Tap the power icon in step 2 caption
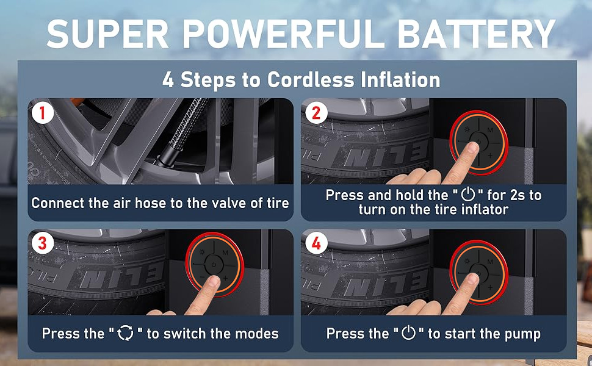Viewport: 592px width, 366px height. pos(467,195)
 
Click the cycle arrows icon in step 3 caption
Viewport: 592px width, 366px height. pos(125,334)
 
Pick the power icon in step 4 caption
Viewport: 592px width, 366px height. pos(408,334)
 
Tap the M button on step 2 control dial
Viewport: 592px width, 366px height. pos(491,131)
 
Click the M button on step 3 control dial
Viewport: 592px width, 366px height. pos(225,252)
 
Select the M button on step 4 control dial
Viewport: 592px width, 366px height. pos(491,252)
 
